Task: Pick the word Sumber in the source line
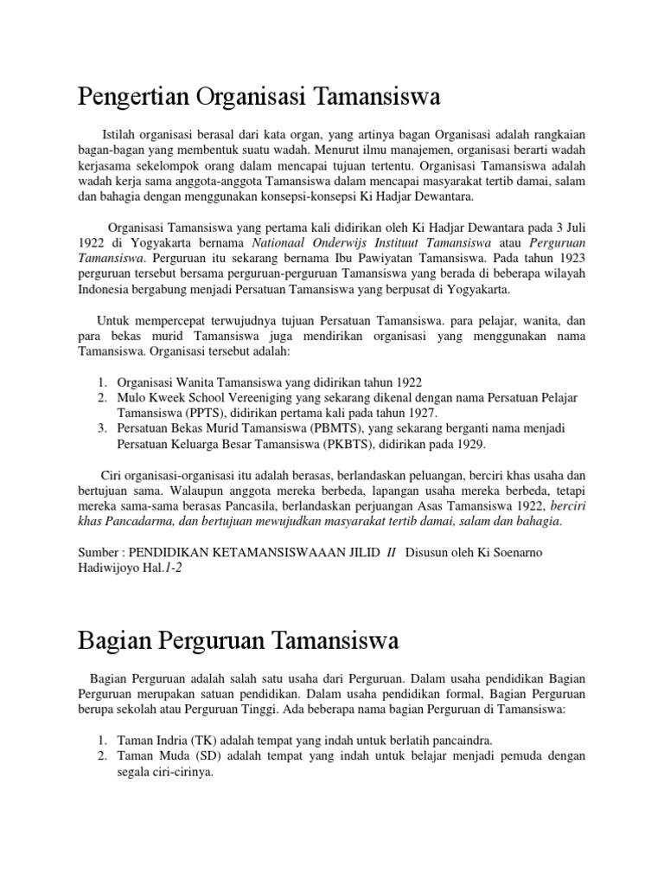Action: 100,554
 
